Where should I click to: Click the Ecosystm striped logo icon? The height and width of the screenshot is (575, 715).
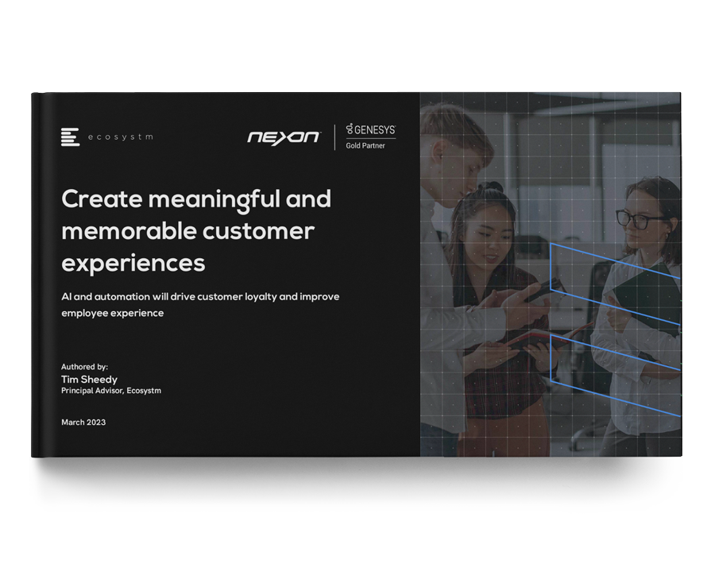tap(70, 137)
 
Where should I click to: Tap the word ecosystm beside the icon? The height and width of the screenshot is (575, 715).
tap(121, 137)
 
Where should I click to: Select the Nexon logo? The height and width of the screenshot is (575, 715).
tap(284, 137)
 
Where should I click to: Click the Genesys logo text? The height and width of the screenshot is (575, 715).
tap(371, 129)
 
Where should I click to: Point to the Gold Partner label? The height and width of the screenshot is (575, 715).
tap(365, 145)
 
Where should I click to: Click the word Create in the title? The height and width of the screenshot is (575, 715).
tap(102, 199)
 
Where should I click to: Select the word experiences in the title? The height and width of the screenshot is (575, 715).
tap(133, 264)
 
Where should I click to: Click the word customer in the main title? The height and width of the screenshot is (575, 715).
tap(258, 231)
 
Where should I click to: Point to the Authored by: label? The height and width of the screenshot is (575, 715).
tap(84, 367)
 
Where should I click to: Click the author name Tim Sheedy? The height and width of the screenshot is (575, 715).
tap(89, 380)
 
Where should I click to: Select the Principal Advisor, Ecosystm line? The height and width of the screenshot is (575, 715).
tap(110, 391)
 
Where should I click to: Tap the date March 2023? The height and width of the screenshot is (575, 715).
tap(83, 423)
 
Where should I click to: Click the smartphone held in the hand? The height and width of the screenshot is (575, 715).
tap(544, 290)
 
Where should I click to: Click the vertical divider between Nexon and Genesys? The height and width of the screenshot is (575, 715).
tap(334, 137)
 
